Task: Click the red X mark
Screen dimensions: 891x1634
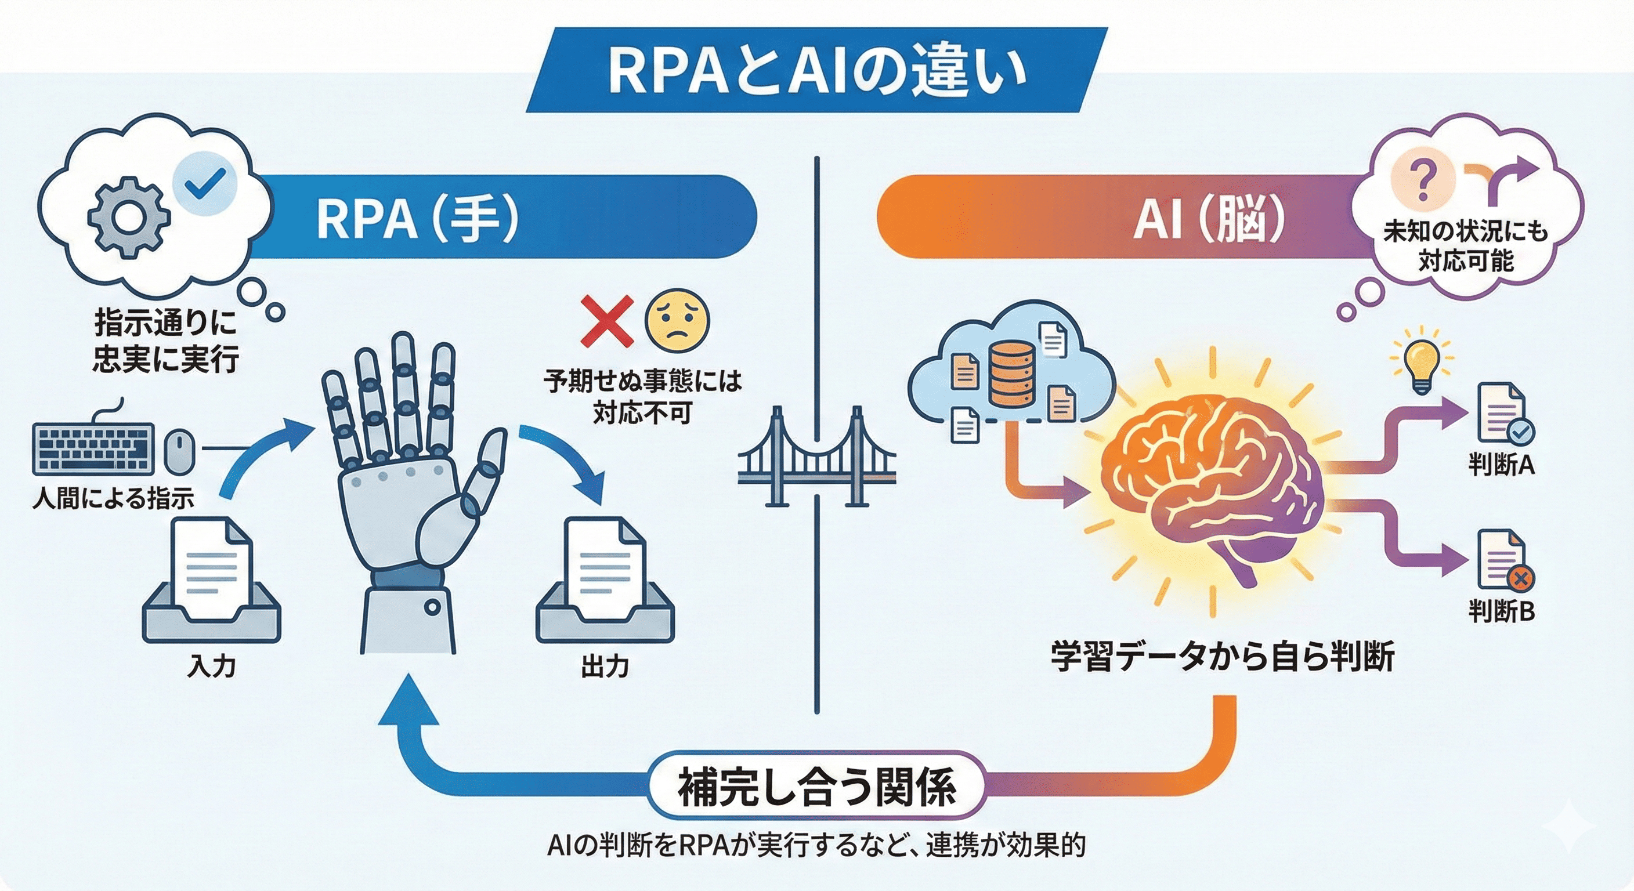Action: pos(607,321)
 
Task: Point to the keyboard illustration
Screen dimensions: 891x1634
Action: pos(93,448)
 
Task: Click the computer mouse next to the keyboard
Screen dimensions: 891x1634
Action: pos(179,450)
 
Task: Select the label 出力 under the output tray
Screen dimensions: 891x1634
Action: pos(604,667)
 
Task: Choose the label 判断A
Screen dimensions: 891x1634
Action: pos(1501,465)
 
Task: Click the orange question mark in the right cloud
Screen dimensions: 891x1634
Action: pos(1423,181)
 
